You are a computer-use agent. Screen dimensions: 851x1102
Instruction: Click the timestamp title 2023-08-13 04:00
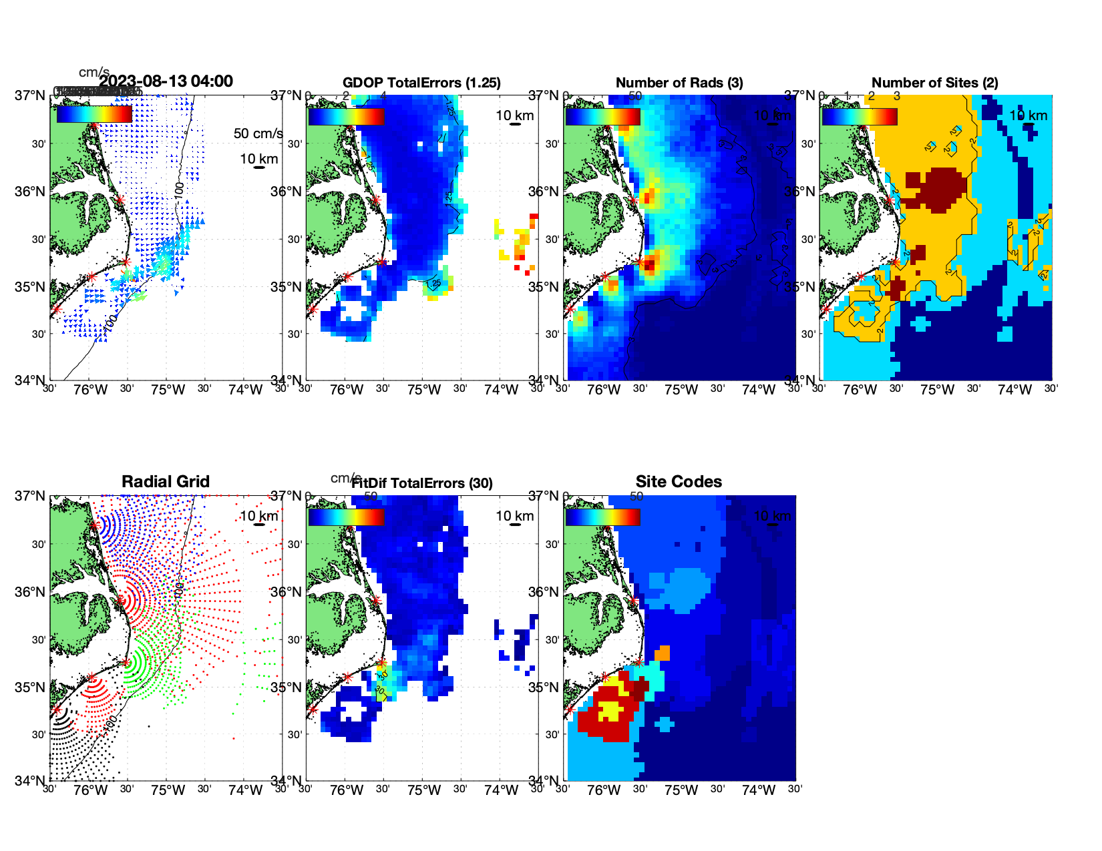click(x=166, y=81)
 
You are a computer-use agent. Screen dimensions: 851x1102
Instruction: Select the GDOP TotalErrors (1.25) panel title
click(x=421, y=83)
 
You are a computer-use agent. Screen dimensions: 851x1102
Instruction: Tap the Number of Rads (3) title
click(x=679, y=83)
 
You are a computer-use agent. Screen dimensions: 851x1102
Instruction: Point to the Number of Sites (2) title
click(x=934, y=83)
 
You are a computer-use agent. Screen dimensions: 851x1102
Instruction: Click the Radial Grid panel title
click(x=166, y=482)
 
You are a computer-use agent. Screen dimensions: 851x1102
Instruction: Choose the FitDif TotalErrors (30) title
click(x=422, y=483)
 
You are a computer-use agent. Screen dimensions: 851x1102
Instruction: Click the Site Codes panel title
click(x=679, y=482)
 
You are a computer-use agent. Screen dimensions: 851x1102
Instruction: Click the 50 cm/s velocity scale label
click(x=258, y=133)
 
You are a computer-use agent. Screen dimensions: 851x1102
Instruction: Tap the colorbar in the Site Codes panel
click(x=602, y=517)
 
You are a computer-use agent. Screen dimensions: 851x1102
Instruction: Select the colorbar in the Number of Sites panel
click(x=860, y=117)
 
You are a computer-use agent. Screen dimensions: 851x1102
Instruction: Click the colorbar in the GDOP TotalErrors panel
click(x=346, y=117)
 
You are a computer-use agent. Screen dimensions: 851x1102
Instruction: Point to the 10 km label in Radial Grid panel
click(x=258, y=516)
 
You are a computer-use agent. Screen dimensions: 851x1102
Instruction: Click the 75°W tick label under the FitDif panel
click(x=423, y=791)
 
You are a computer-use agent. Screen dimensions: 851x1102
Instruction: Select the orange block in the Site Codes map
click(x=662, y=653)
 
